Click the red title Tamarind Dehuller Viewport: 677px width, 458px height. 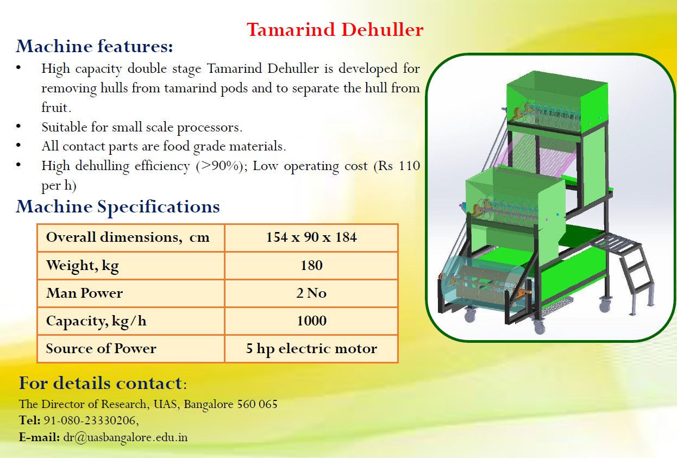click(335, 29)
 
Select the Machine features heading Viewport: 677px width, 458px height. click(95, 46)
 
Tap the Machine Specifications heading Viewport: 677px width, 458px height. click(118, 207)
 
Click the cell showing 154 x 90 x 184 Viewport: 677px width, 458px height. click(311, 237)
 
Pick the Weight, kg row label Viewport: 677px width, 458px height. click(82, 266)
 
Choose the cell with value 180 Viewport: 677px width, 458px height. click(311, 265)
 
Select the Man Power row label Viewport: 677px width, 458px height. click(84, 293)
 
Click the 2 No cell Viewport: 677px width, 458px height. click(311, 293)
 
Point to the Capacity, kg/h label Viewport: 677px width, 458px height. click(96, 321)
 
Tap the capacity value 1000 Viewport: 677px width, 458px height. click(311, 321)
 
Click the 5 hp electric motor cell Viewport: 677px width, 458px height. click(311, 349)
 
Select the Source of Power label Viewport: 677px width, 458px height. click(101, 348)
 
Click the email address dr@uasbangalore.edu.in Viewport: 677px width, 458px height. click(126, 437)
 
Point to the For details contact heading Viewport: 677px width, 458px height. click(103, 383)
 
